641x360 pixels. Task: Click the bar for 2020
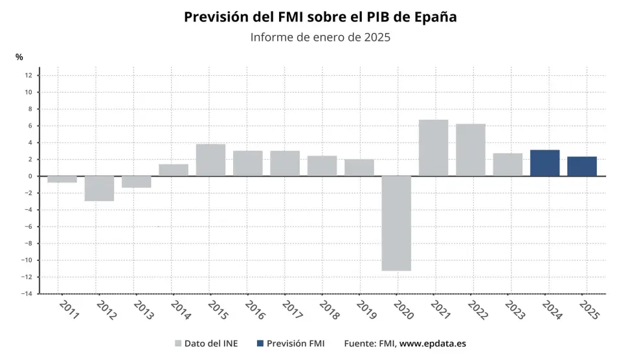396,223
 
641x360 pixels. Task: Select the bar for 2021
433,148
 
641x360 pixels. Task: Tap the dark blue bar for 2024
545,163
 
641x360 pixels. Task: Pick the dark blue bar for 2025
581,166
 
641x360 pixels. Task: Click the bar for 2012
99,188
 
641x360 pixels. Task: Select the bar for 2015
210,160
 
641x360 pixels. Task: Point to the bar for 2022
470,150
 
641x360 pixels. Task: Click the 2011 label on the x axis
68,309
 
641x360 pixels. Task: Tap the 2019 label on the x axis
365,309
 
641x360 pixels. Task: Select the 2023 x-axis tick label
514,309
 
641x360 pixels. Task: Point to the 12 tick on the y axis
28,75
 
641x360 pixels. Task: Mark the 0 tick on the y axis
30,176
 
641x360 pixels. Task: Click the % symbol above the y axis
19,57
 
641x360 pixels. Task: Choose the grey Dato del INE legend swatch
178,344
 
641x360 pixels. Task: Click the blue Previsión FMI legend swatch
260,344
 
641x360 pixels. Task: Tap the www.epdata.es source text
433,344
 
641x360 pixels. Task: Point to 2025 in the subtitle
377,37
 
